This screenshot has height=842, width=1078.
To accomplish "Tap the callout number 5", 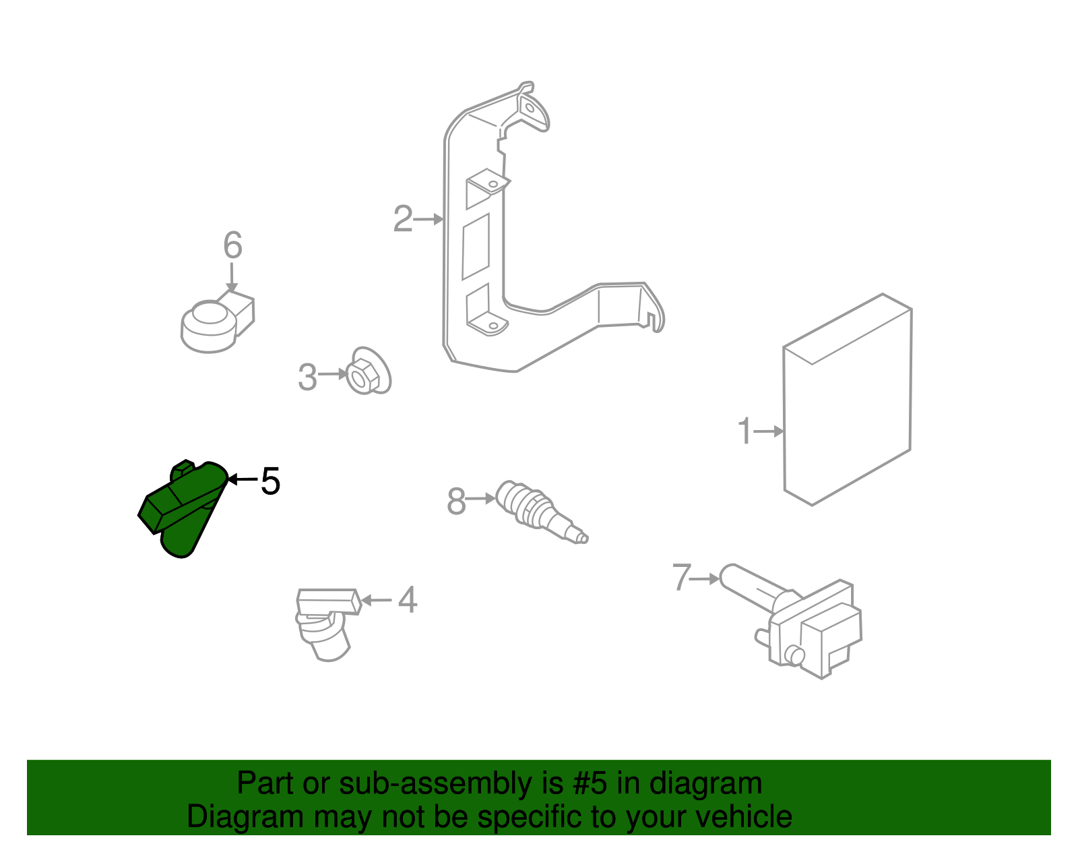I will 270,481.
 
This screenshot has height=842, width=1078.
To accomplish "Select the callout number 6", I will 232,245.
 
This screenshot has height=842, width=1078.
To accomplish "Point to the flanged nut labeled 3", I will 367,373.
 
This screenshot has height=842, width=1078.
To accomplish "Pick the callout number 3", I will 307,378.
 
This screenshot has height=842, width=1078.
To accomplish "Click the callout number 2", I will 403,219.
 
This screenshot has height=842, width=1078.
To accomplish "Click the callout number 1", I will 744,431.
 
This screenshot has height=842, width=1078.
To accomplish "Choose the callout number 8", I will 456,502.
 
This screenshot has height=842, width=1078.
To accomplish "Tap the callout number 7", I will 682,578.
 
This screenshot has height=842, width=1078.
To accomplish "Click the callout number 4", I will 408,600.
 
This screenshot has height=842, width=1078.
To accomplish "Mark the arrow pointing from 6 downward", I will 232,278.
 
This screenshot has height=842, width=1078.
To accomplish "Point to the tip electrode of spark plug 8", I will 583,537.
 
